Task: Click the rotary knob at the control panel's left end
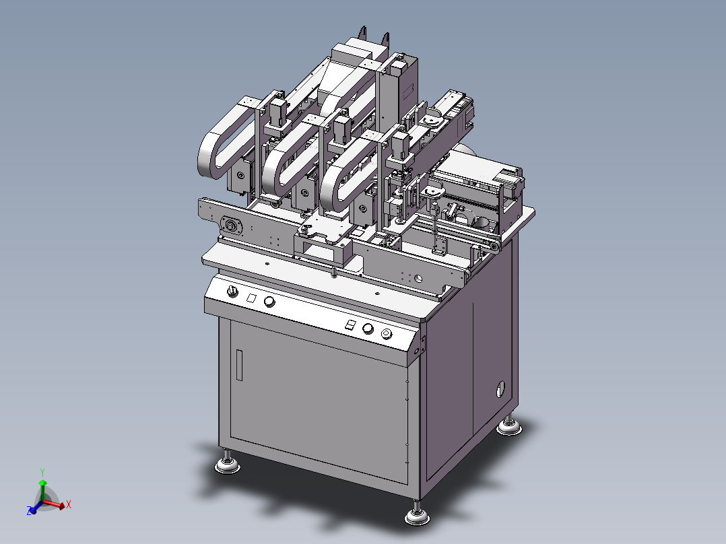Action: click(232, 290)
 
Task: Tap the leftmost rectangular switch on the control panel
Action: click(251, 297)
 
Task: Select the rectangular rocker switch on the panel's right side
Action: click(350, 325)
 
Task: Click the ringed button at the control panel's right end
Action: click(387, 334)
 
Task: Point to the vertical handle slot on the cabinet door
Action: click(238, 366)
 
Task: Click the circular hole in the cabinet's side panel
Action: click(500, 388)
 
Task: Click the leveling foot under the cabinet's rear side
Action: click(509, 426)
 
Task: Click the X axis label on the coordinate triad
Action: click(69, 504)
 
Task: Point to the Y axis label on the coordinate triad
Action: click(42, 472)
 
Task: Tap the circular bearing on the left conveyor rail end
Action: click(232, 226)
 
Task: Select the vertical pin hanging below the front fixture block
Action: click(335, 273)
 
